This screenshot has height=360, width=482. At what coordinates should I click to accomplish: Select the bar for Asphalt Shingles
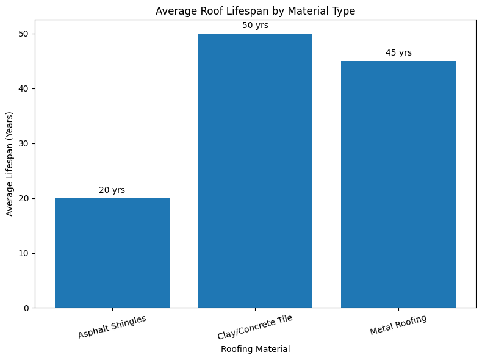(x=112, y=253)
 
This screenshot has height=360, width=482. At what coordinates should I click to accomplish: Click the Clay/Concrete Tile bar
(x=255, y=171)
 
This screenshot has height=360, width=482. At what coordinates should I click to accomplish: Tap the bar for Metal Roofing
(x=398, y=184)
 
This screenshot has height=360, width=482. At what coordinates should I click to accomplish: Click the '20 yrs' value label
(x=112, y=190)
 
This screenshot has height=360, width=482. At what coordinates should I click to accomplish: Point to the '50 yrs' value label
(x=255, y=26)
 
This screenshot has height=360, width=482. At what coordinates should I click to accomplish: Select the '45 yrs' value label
(x=398, y=53)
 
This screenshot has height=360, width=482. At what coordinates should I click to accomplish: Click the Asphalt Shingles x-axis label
(x=112, y=327)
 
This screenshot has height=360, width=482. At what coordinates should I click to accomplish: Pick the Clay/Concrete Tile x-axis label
(x=255, y=328)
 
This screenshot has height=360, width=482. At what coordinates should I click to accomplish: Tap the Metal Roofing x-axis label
(x=398, y=325)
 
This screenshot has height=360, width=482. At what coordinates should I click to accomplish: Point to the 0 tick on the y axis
(x=27, y=308)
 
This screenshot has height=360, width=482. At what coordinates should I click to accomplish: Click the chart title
(x=255, y=10)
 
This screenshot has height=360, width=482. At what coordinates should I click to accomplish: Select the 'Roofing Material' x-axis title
(x=255, y=350)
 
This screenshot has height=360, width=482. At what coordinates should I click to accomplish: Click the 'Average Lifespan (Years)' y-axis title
(x=10, y=164)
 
